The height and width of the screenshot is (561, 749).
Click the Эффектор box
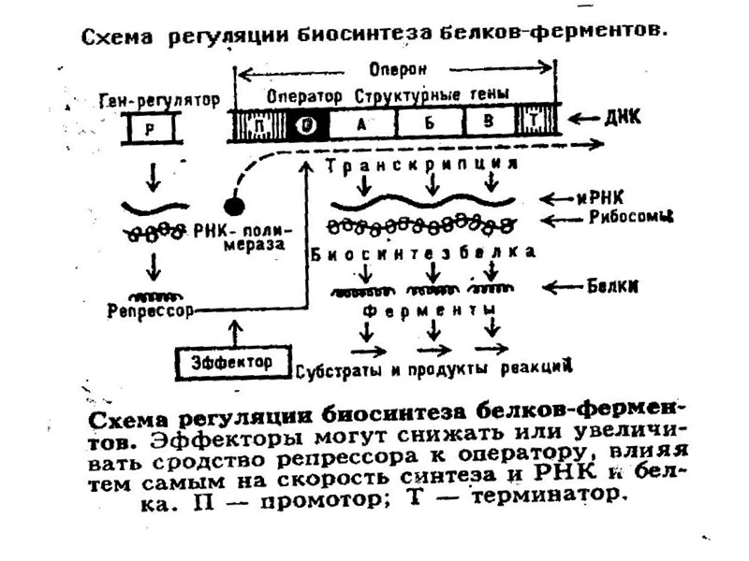pyautogui.click(x=235, y=360)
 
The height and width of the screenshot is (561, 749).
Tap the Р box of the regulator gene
pyautogui.click(x=151, y=128)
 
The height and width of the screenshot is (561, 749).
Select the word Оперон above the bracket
pyautogui.click(x=391, y=70)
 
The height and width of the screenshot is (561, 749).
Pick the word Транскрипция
pyautogui.click(x=424, y=165)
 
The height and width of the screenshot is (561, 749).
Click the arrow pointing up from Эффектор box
pyautogui.click(x=234, y=331)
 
